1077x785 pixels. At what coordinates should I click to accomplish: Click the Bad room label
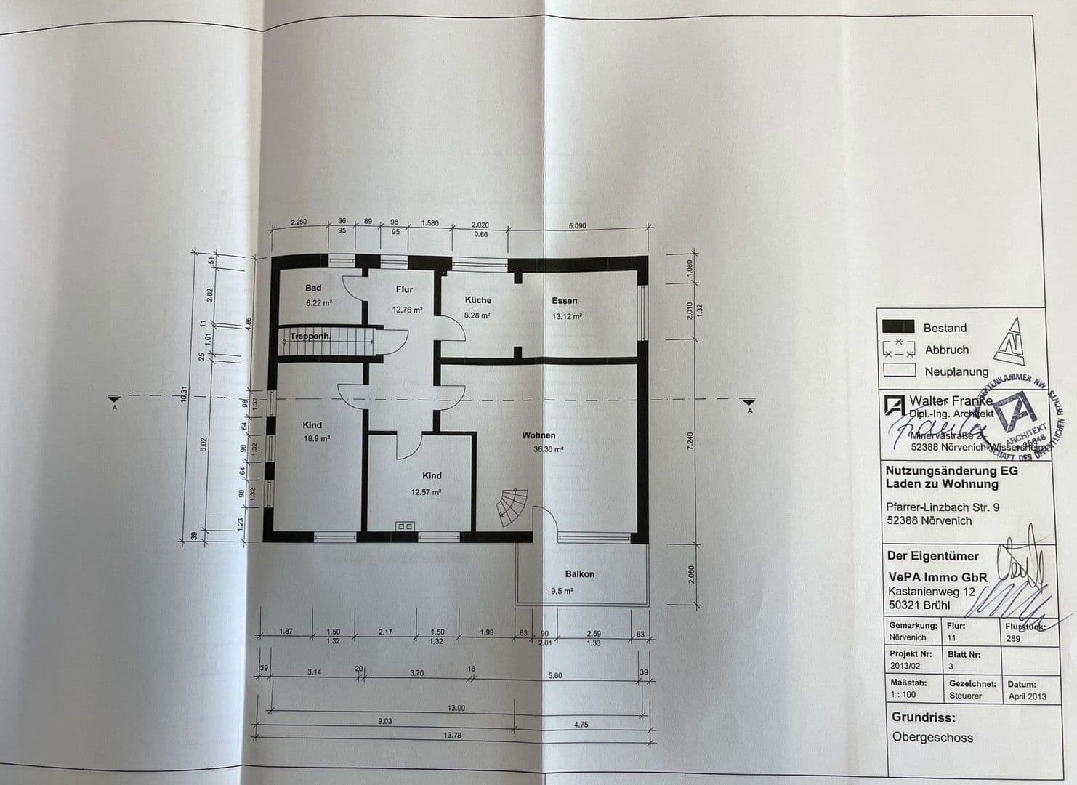coord(313,288)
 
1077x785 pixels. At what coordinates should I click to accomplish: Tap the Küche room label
coord(478,299)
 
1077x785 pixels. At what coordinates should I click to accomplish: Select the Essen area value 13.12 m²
coord(567,316)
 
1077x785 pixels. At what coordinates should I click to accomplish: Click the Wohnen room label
coord(538,435)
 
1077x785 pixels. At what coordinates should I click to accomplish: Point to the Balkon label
coord(579,573)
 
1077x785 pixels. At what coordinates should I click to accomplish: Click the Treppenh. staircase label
coord(310,337)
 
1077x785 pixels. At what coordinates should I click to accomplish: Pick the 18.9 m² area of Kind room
coord(317,439)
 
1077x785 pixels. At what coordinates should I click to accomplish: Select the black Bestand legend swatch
coord(898,327)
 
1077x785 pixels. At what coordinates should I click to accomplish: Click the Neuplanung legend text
coord(956,371)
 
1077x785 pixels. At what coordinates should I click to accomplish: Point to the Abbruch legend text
coord(947,350)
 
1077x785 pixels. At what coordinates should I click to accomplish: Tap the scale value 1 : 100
coord(904,695)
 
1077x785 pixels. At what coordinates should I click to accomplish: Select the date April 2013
coord(1027,696)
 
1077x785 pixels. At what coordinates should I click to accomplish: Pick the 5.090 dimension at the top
coord(577,225)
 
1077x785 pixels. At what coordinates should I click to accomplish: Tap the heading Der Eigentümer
coord(932,556)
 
